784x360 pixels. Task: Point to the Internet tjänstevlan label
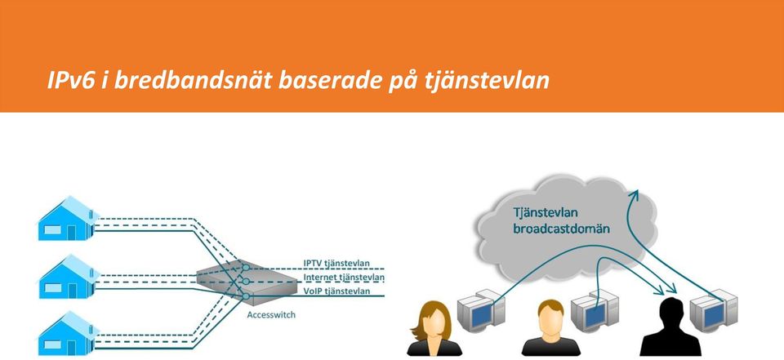pyautogui.click(x=344, y=277)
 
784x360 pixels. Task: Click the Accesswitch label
pyautogui.click(x=271, y=315)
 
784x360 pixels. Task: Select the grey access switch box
pyautogui.click(x=247, y=282)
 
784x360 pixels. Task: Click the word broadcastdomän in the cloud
pyautogui.click(x=562, y=229)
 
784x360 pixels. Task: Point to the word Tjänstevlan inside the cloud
pyautogui.click(x=546, y=212)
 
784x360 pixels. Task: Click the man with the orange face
pyautogui.click(x=550, y=327)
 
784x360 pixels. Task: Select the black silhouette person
pyautogui.click(x=670, y=327)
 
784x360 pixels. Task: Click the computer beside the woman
pyautogui.click(x=481, y=310)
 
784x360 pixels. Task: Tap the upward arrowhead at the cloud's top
pyautogui.click(x=634, y=195)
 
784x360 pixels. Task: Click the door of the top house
pyautogui.click(x=72, y=233)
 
